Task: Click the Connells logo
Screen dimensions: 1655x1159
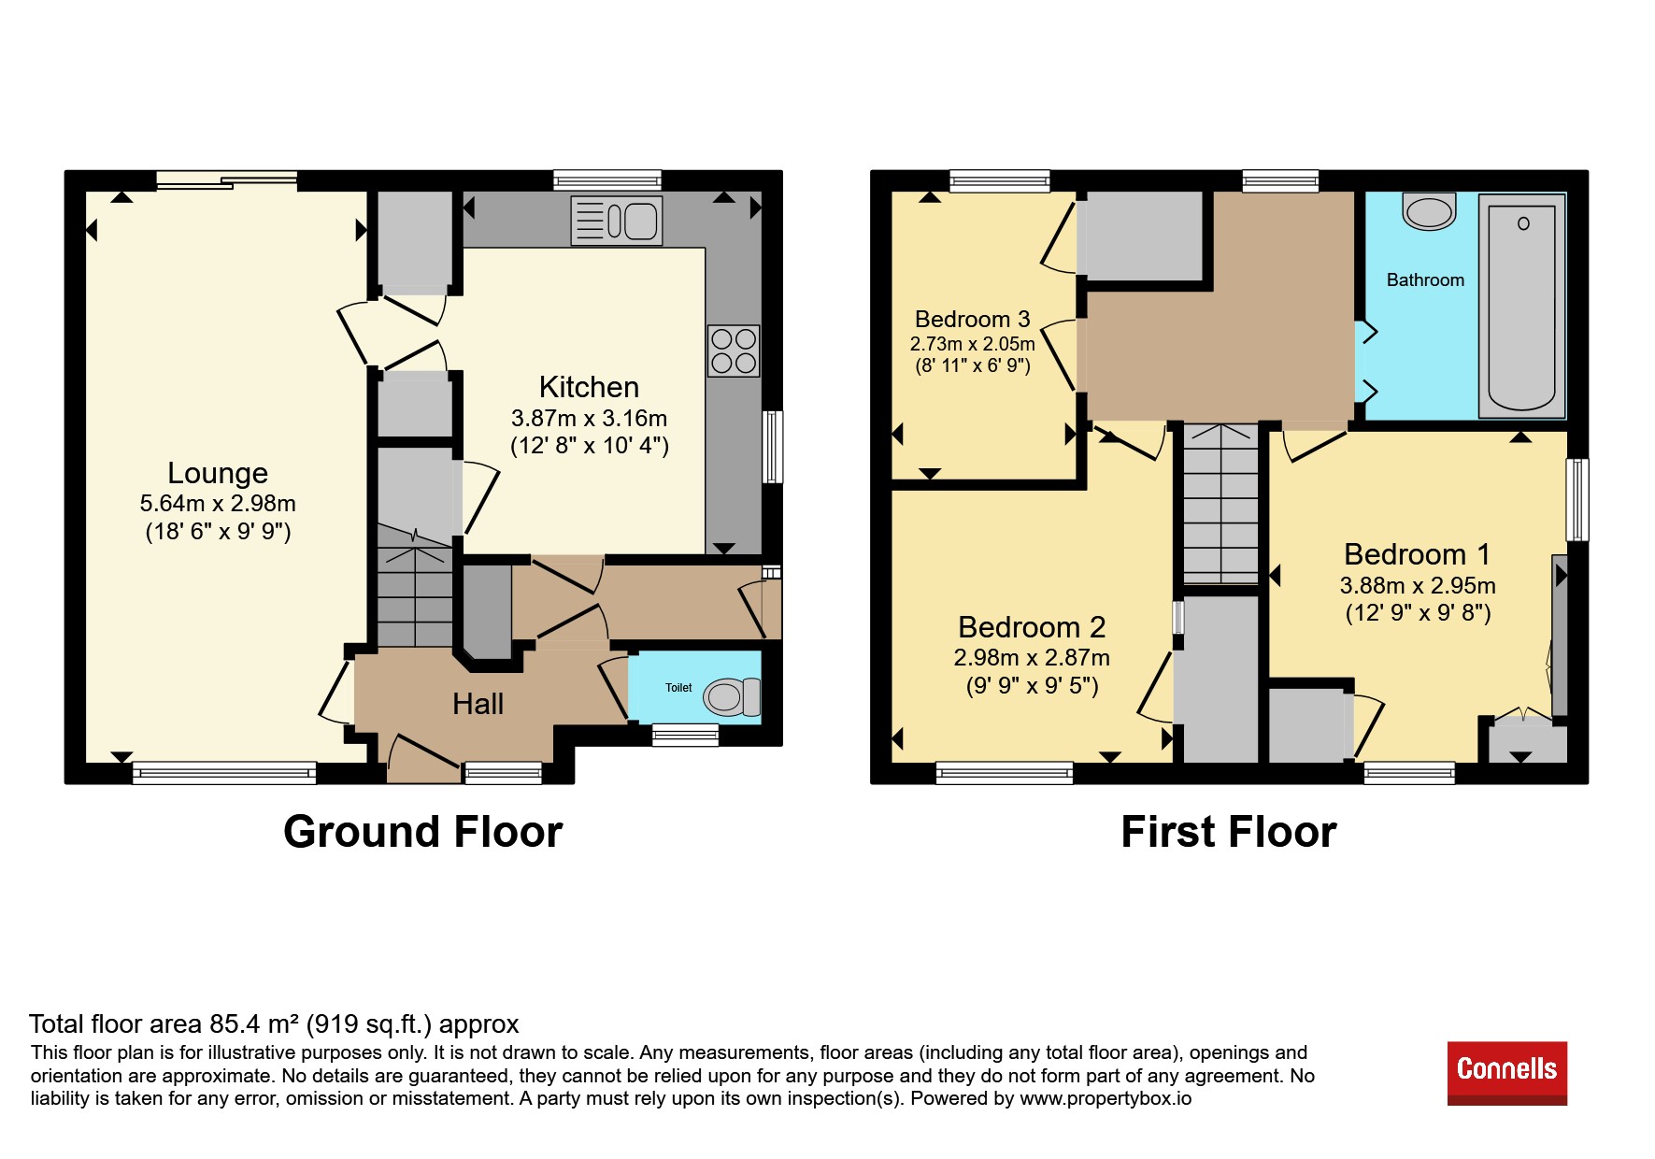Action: [1506, 1073]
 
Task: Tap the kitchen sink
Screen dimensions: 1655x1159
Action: [617, 221]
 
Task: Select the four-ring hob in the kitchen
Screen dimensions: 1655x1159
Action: [734, 351]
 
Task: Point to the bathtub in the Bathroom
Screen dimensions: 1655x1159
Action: [1521, 306]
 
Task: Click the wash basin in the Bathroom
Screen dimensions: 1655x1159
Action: [1429, 211]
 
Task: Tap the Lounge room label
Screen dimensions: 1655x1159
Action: [218, 473]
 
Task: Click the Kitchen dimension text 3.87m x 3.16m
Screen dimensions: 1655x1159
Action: [589, 418]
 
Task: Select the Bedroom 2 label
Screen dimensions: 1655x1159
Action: [1032, 626]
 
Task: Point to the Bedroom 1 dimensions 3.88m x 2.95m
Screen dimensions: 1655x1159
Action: [1418, 585]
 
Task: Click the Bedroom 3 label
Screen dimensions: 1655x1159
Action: [972, 319]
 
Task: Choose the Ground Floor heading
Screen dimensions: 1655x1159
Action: [422, 831]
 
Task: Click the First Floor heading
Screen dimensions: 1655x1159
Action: [1228, 831]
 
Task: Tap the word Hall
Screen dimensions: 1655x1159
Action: [478, 704]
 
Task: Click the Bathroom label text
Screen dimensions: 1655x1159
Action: [1425, 279]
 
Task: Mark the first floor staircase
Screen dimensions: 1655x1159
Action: [1221, 505]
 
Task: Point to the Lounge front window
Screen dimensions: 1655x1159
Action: [224, 772]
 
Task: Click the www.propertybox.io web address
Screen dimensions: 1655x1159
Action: [1106, 1098]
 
